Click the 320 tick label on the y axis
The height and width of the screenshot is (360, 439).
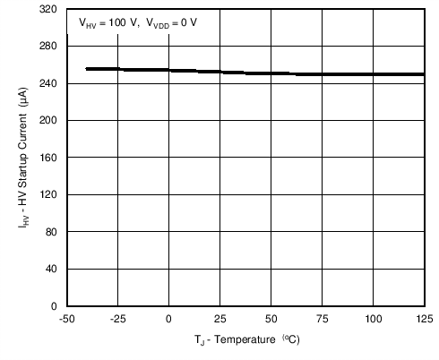(49, 8)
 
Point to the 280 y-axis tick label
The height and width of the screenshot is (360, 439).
(49, 46)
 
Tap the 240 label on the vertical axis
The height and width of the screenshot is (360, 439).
(49, 83)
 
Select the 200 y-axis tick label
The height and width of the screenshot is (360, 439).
(49, 120)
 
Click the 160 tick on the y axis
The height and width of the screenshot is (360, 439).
(49, 158)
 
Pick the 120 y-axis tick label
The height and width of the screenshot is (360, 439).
(49, 194)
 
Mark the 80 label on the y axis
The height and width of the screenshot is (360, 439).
(52, 232)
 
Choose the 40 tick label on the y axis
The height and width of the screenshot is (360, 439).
(52, 269)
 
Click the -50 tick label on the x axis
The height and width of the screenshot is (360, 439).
(66, 319)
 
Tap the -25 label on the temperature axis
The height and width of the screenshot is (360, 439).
(116, 319)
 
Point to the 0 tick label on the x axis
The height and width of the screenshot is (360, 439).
(168, 319)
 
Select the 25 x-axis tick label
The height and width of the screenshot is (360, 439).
(219, 319)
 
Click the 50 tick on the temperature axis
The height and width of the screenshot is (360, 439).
(271, 319)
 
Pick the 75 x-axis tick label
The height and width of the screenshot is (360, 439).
(322, 319)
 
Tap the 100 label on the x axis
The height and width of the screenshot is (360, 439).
(373, 319)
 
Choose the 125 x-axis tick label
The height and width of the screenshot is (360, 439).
(423, 319)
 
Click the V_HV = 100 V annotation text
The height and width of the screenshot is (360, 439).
(109, 25)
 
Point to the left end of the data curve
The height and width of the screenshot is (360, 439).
(86, 69)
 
